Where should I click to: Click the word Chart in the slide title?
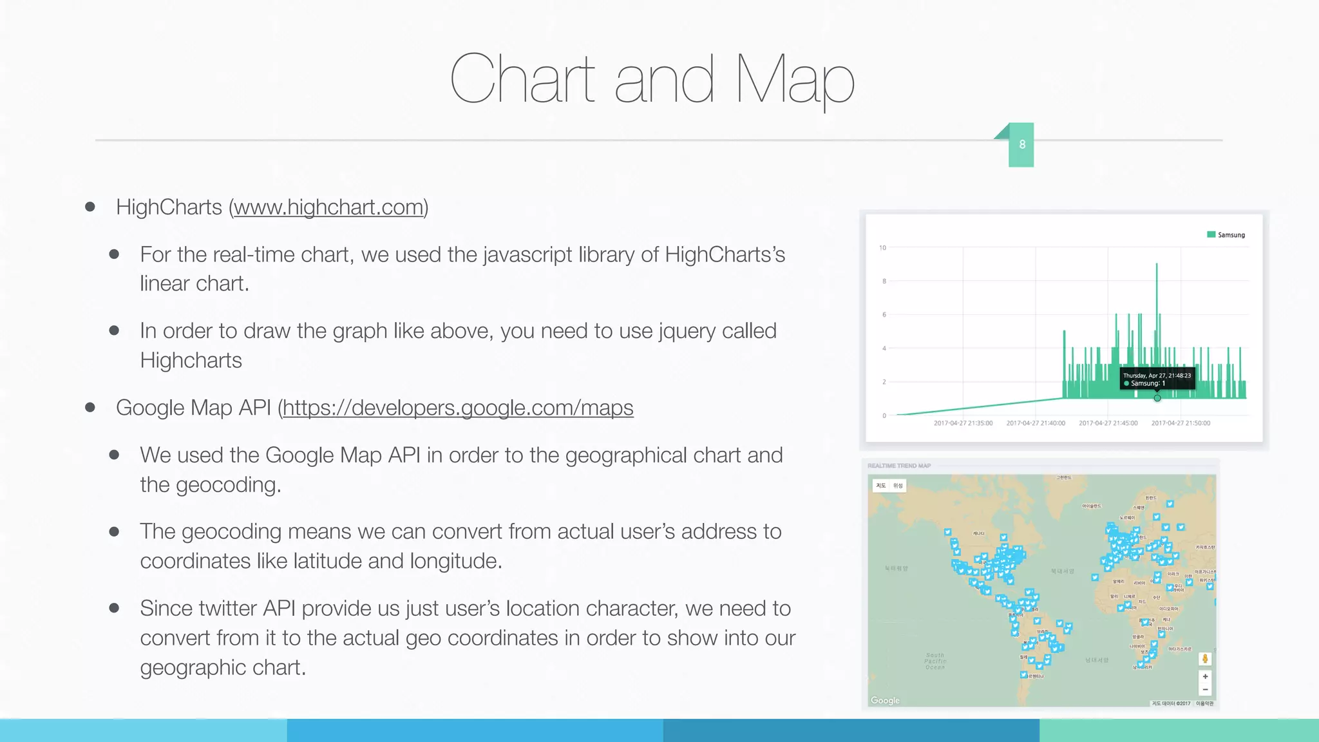(x=522, y=79)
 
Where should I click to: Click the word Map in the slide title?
(x=795, y=79)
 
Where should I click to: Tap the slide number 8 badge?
(x=1021, y=145)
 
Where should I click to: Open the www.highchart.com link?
(x=328, y=207)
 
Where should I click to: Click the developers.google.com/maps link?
(x=458, y=408)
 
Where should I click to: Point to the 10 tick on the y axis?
(x=882, y=248)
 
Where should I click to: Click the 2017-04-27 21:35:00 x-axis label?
(x=963, y=423)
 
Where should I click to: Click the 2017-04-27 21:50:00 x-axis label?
(x=1181, y=423)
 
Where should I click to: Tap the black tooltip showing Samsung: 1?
(x=1157, y=379)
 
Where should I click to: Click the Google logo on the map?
(x=885, y=700)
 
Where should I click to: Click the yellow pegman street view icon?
(x=1205, y=658)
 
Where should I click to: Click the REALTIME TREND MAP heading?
(x=898, y=466)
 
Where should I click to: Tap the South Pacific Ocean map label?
(x=935, y=661)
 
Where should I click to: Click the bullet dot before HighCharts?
(x=90, y=207)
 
